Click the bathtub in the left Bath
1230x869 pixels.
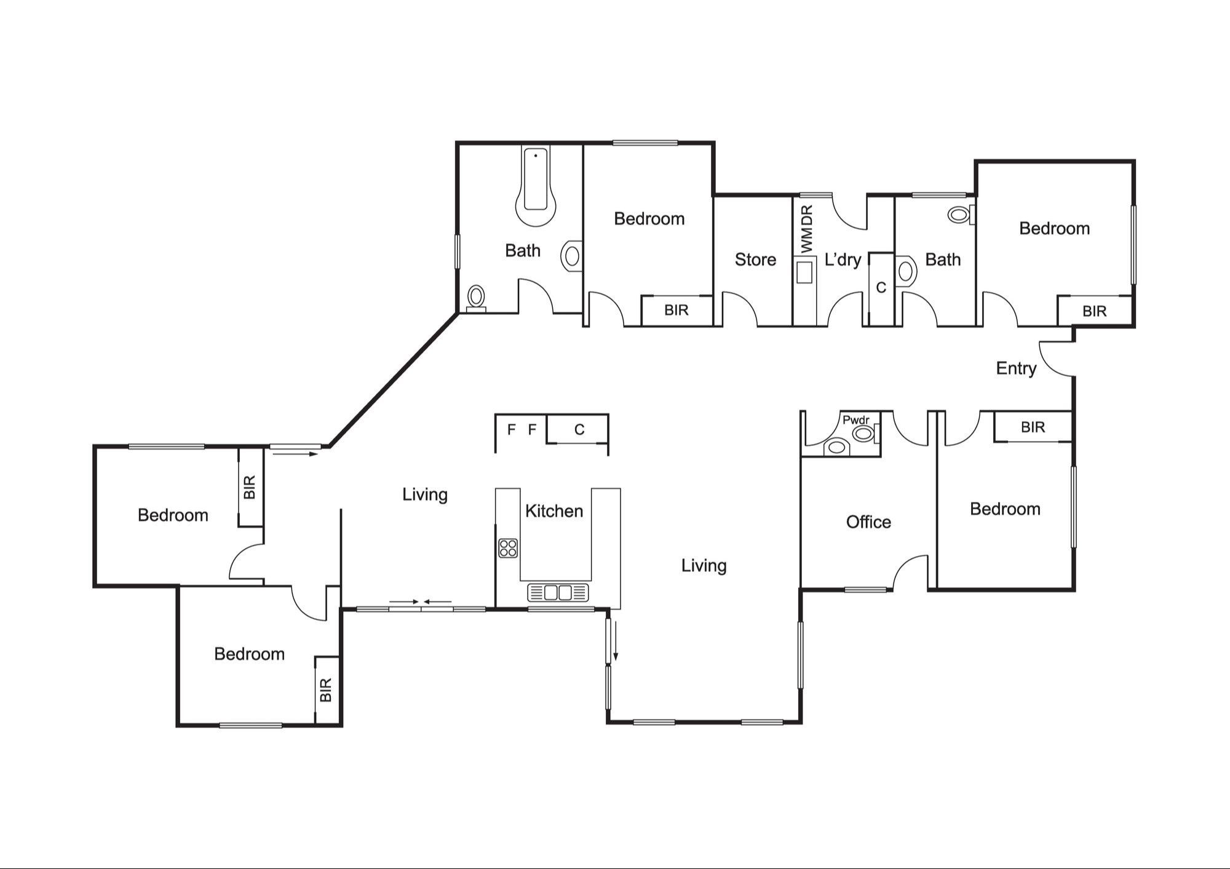[x=536, y=185]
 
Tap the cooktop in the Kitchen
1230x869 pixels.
[x=508, y=547]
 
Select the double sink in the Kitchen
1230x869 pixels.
[x=558, y=592]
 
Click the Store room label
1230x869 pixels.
[x=755, y=260]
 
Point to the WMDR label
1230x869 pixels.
[x=807, y=229]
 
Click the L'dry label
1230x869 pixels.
[x=842, y=260]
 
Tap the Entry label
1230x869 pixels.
[x=1016, y=368]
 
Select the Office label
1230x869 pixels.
[x=868, y=522]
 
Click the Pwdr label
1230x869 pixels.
[x=855, y=420]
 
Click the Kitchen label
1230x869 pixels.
[x=553, y=511]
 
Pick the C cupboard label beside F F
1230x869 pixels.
[x=579, y=429]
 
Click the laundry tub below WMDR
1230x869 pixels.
[x=804, y=271]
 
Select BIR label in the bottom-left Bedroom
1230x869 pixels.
[x=326, y=689]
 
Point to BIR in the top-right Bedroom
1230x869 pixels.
[x=1094, y=311]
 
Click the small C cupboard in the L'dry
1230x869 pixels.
[x=881, y=287]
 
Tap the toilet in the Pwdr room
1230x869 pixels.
[x=836, y=447]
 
